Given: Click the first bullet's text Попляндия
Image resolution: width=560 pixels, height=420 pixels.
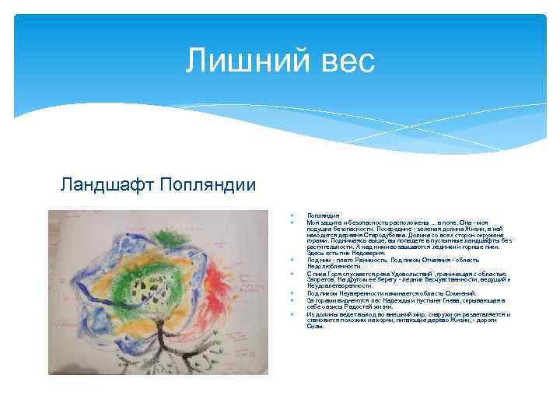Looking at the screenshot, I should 321,215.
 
